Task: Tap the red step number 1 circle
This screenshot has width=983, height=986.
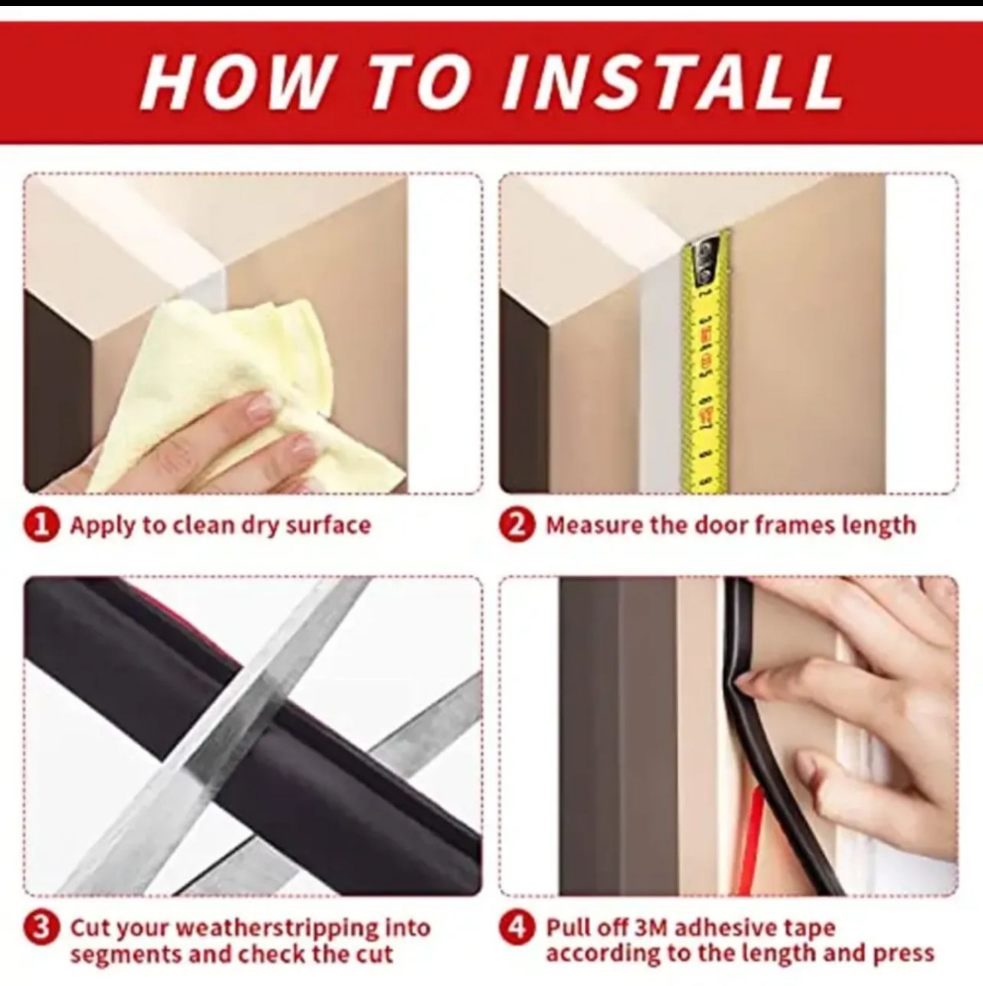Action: click(x=41, y=525)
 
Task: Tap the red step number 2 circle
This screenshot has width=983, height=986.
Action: click(x=517, y=525)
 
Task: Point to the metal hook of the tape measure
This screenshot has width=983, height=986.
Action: click(x=705, y=258)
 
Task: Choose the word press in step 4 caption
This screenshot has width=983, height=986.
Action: click(x=904, y=954)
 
